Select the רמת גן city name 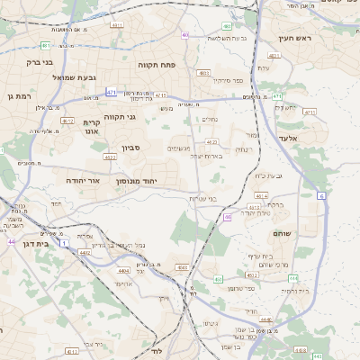pos(19,95)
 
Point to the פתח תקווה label pos(155,66)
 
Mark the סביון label pos(131,148)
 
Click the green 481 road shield pos(46,44)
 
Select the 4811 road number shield pos(275,55)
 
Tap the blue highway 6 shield pos(321,194)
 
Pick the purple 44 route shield pos(12,241)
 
